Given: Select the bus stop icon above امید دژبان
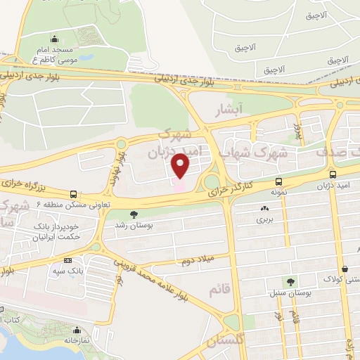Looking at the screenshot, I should pyautogui.click(x=333, y=174).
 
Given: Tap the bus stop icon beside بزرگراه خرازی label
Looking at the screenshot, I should pyautogui.click(x=73, y=195).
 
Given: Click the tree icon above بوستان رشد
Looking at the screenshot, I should pyautogui.click(x=134, y=214).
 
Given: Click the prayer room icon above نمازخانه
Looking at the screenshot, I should pyautogui.click(x=79, y=327).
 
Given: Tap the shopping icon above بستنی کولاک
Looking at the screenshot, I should pyautogui.click(x=345, y=268).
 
